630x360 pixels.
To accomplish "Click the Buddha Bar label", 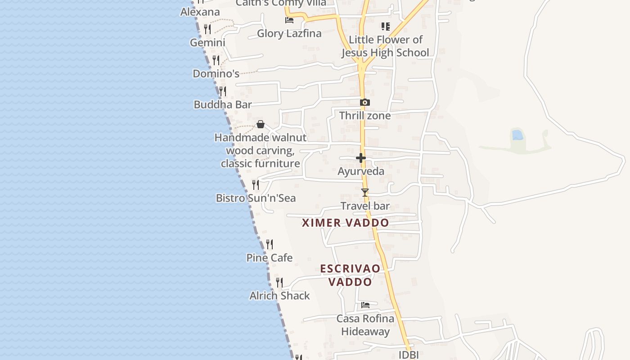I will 222,104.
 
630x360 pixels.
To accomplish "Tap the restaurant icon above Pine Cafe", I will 269,244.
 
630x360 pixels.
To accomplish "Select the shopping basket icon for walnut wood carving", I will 260,124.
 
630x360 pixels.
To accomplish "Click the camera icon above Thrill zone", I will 365,103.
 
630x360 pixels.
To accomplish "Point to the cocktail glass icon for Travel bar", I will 365,193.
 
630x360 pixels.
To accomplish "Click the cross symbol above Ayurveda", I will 361,158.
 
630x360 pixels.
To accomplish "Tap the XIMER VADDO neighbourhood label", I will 345,223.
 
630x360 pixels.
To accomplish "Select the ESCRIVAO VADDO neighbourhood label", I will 350,275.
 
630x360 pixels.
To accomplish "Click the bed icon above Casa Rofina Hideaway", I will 365,305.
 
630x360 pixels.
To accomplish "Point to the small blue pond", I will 517,135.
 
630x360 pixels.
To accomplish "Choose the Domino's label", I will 216,73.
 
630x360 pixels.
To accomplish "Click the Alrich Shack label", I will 279,296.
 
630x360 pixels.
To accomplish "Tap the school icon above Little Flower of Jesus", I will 385,27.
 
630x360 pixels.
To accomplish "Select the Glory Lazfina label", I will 289,33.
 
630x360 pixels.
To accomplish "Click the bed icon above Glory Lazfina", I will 289,20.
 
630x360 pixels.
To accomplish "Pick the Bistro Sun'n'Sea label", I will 256,198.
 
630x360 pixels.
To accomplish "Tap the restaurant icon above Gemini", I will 207,29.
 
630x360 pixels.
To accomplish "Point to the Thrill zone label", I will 365,116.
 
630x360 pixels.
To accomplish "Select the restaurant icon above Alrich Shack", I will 279,283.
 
